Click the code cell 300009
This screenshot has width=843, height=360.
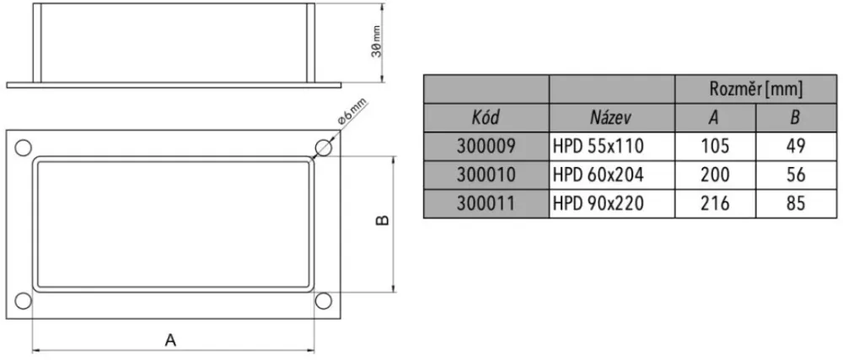pos(486,146)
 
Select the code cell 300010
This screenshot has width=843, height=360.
pos(486,175)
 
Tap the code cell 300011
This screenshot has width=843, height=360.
pos(486,203)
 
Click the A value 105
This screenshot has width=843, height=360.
pos(714,146)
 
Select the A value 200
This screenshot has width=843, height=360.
pos(714,175)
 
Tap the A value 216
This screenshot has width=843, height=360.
pos(714,203)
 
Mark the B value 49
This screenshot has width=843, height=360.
pos(794,146)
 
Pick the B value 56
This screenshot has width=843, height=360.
pos(794,175)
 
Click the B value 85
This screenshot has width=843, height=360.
pos(794,203)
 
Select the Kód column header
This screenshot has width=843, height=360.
pos(486,117)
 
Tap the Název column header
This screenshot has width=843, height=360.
pos(611,117)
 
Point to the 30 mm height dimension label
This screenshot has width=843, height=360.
pos(377,41)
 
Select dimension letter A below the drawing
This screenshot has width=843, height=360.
pos(170,341)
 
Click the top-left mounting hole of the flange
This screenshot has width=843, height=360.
pos(23,145)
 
